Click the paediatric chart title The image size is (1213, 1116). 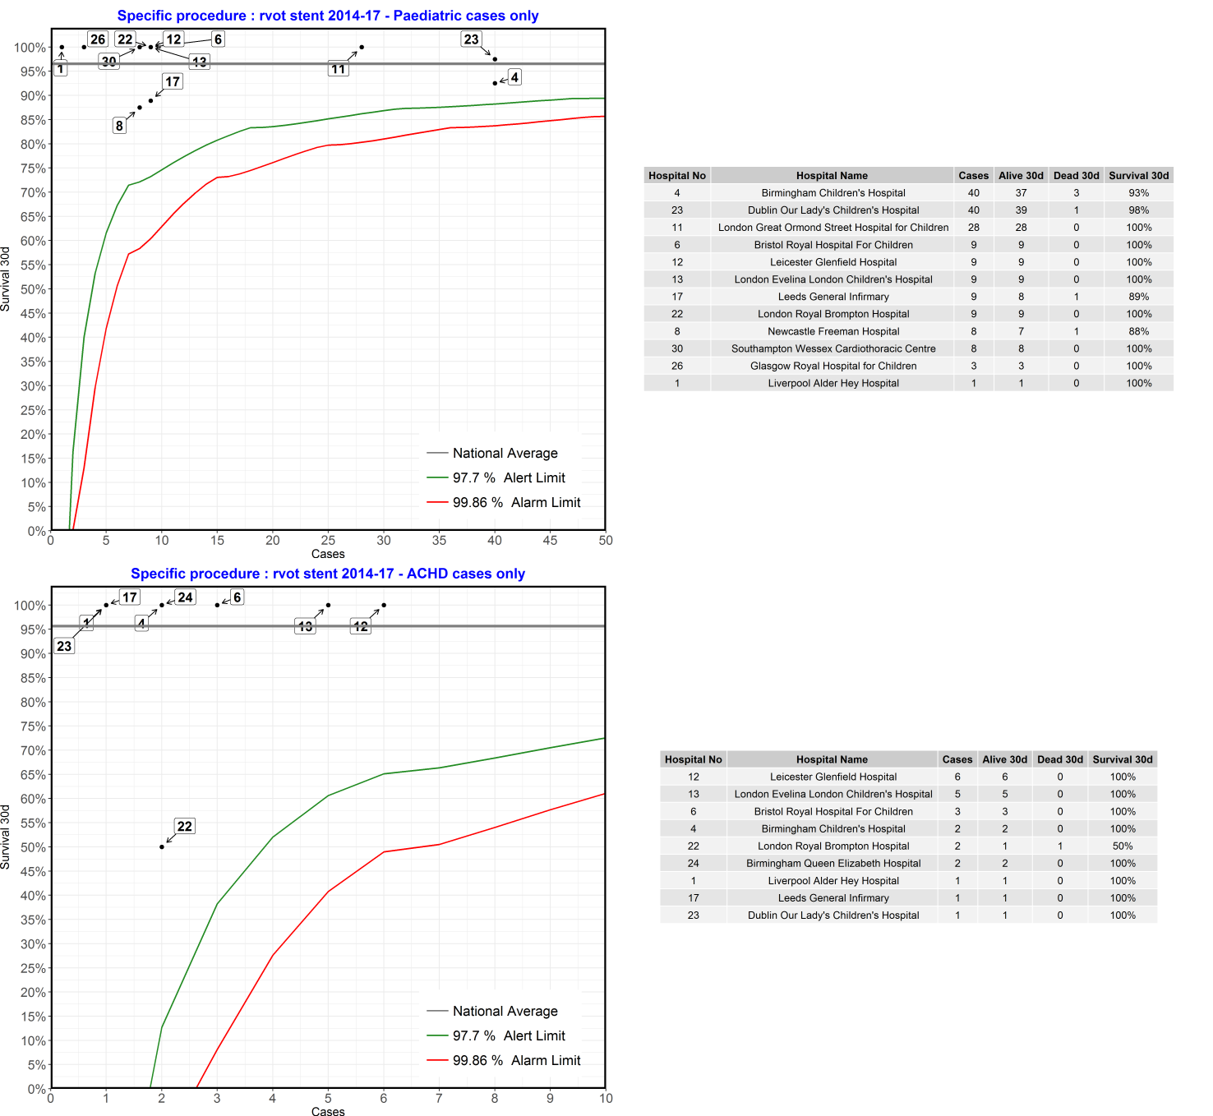point(328,16)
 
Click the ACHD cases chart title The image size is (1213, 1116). point(328,574)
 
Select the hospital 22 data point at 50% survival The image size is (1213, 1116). point(162,846)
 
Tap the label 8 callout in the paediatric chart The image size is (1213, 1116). point(119,126)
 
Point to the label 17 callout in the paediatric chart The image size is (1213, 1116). point(173,81)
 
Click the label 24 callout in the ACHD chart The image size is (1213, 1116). point(185,597)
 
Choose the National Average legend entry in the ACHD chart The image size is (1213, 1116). point(505,1011)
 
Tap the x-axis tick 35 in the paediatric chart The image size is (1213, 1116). point(439,541)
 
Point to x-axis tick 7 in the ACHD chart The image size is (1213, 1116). point(439,1099)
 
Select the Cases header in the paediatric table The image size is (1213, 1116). point(973,175)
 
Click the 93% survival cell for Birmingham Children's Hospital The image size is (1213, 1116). point(1138,193)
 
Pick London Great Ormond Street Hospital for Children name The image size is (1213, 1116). point(832,228)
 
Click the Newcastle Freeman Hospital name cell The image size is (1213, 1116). point(832,331)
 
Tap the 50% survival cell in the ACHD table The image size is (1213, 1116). point(1123,846)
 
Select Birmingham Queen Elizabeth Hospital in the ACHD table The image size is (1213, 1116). point(832,864)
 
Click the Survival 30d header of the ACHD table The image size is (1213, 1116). point(1123,759)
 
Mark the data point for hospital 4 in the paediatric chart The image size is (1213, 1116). point(495,83)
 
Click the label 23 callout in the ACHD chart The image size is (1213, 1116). point(64,646)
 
